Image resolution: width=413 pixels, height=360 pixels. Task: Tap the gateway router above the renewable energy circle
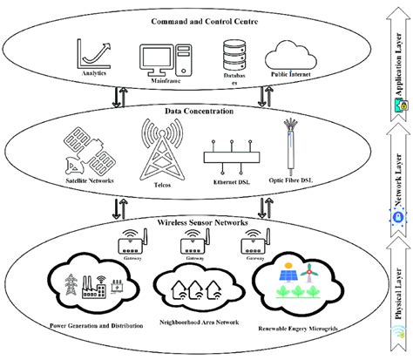coord(253,239)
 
